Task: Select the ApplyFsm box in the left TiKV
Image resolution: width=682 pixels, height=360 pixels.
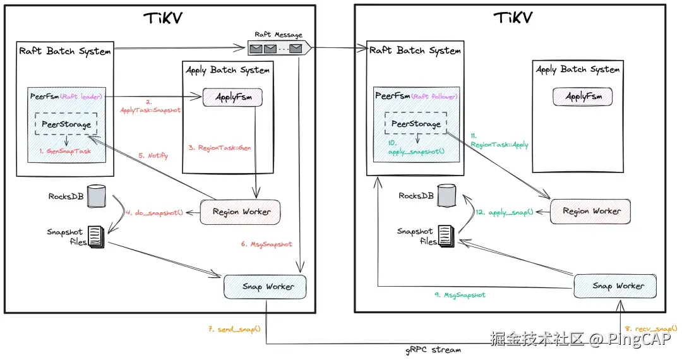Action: [232, 97]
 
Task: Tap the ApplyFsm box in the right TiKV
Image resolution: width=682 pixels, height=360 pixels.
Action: [583, 97]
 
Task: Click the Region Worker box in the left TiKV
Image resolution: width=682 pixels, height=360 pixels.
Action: [240, 212]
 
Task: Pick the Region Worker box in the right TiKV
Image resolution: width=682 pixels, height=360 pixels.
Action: [591, 211]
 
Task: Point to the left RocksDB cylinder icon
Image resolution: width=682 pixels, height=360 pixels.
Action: [95, 196]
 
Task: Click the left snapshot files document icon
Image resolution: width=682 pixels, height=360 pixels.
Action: [95, 236]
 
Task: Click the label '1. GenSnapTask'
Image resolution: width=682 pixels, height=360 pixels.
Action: [66, 152]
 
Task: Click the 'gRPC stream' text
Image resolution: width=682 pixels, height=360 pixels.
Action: [434, 349]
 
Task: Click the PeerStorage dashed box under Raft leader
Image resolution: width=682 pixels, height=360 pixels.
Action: [66, 124]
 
